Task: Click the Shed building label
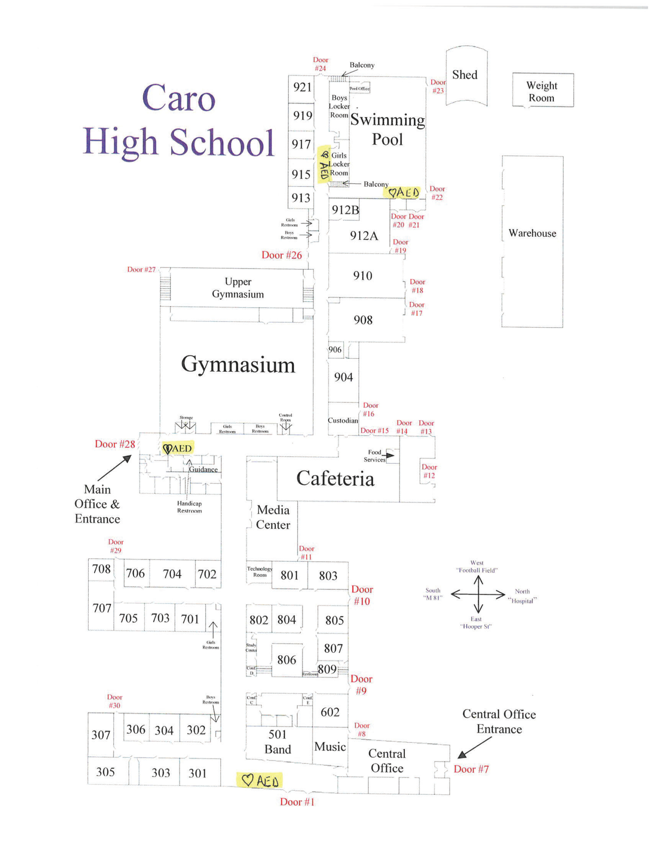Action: [x=465, y=75]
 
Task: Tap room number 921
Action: [x=302, y=87]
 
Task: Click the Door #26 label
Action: [x=281, y=255]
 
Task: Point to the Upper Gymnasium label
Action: [x=237, y=288]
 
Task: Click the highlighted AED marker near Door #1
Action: [x=260, y=780]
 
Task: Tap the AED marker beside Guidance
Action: [x=177, y=448]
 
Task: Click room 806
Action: [x=286, y=660]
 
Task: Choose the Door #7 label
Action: [x=471, y=769]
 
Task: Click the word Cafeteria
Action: [x=335, y=479]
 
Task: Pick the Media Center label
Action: [x=273, y=517]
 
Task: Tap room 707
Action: [x=102, y=608]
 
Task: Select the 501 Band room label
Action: [x=277, y=741]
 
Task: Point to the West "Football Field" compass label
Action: [x=477, y=566]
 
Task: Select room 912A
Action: [x=364, y=236]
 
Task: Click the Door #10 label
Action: [x=362, y=595]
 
